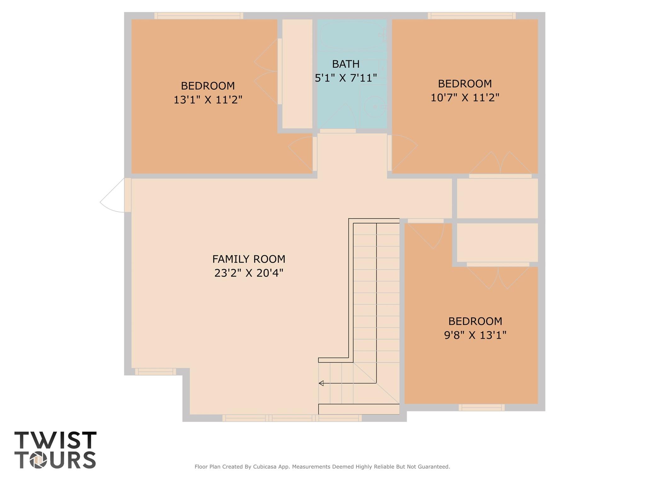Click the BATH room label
point(346,64)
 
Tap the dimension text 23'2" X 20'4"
point(249,273)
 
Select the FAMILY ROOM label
point(249,259)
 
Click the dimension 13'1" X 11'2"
point(208,100)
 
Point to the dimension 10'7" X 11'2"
point(465,98)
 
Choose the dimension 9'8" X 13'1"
point(475,335)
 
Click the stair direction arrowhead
point(321,383)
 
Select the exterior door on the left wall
point(115,195)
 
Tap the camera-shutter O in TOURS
point(38,460)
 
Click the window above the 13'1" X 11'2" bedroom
point(199,16)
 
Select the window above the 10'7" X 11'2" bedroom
point(472,16)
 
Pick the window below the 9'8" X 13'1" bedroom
point(481,407)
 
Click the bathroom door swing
point(338,116)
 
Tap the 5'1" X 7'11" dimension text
point(346,78)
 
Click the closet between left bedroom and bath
point(297,74)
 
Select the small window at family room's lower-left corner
point(156,372)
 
